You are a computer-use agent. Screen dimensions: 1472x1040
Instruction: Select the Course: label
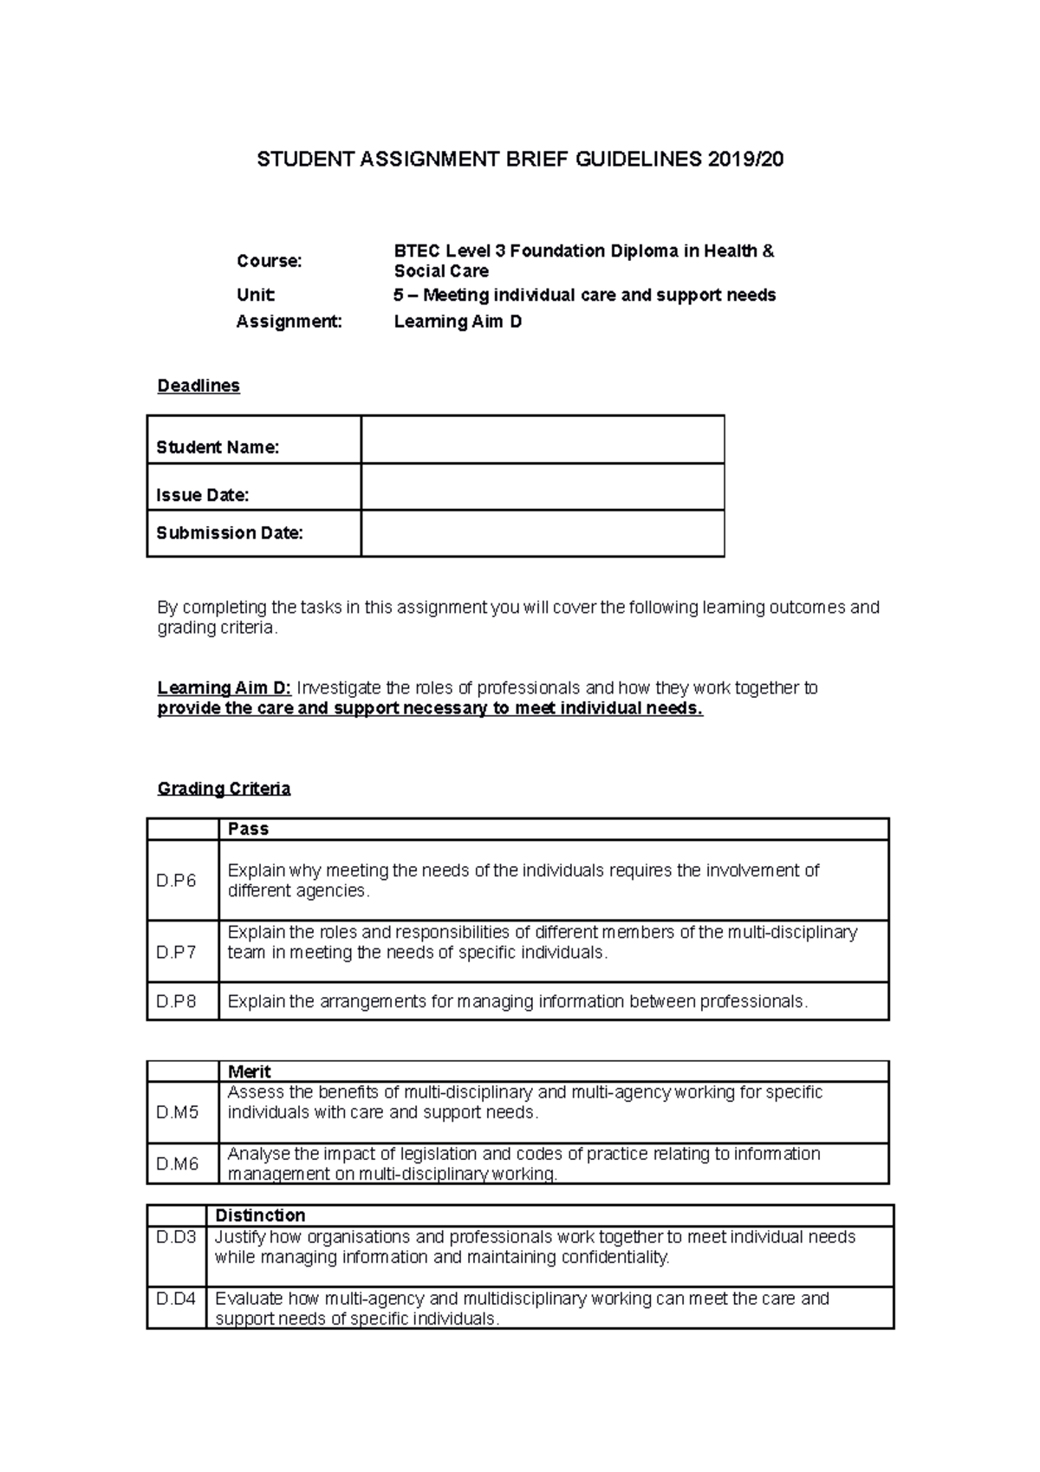click(270, 261)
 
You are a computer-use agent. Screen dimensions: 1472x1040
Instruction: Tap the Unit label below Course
click(256, 295)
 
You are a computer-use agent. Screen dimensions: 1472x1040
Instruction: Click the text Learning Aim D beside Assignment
click(458, 322)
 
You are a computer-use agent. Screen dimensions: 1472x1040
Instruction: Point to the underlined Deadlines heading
click(198, 386)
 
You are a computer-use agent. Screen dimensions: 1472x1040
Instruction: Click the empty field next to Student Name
click(542, 440)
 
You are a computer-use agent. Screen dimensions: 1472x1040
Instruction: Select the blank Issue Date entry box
click(542, 486)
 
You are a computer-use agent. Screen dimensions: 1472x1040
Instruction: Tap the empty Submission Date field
click(542, 533)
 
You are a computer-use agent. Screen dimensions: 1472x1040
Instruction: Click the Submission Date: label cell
click(230, 533)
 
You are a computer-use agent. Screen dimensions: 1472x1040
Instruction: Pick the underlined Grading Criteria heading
click(224, 789)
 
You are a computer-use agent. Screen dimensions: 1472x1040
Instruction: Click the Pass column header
click(248, 829)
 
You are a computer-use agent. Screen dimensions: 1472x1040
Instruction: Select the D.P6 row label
click(176, 881)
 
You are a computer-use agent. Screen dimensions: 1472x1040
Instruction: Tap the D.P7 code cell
click(176, 952)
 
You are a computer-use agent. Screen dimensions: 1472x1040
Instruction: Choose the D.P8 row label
click(176, 1001)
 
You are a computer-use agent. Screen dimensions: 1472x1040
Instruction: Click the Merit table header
click(249, 1071)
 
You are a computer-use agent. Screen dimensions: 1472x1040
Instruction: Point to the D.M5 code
click(178, 1112)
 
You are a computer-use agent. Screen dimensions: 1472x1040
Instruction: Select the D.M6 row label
click(178, 1164)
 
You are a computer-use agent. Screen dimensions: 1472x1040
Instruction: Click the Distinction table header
click(260, 1215)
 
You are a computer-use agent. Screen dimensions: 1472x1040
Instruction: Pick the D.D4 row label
click(176, 1299)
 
